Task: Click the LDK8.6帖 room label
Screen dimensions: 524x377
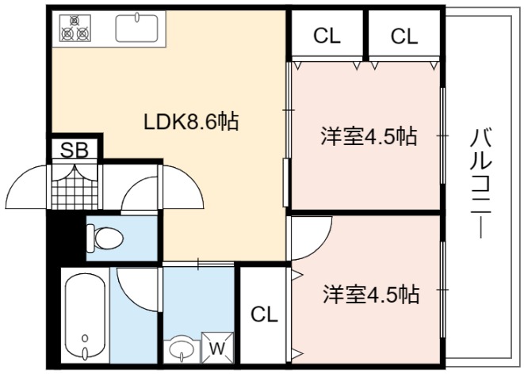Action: click(x=191, y=121)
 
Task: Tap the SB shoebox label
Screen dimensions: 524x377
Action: click(x=75, y=150)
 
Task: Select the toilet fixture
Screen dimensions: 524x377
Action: click(x=105, y=238)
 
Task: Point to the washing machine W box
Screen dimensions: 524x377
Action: click(x=217, y=348)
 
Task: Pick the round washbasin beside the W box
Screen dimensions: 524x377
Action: click(x=182, y=348)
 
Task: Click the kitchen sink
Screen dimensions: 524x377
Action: click(x=137, y=29)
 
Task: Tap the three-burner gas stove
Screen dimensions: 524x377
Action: click(x=75, y=29)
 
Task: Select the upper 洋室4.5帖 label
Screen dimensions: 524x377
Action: click(x=369, y=136)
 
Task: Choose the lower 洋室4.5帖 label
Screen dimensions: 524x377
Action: click(x=371, y=294)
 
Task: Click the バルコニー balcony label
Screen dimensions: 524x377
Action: click(x=480, y=183)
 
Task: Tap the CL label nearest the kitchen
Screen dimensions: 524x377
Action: click(x=327, y=36)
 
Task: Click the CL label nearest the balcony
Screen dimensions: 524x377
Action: click(x=404, y=36)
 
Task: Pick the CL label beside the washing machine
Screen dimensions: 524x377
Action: click(x=264, y=314)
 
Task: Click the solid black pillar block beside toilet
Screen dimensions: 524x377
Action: click(x=66, y=238)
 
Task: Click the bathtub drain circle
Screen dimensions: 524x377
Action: click(x=85, y=338)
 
